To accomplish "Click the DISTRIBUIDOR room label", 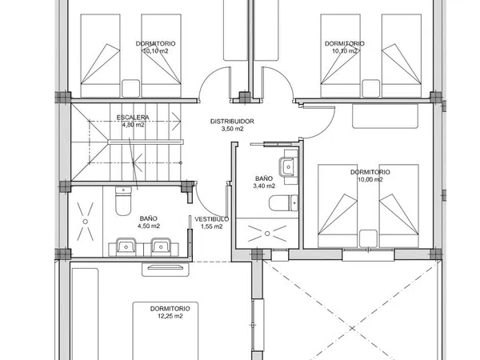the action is (x=232, y=122).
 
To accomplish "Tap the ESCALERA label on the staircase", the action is (x=133, y=118).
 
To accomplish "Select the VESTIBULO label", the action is (x=211, y=219).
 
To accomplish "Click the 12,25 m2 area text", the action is (x=170, y=316).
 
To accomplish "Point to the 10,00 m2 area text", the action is (x=370, y=179).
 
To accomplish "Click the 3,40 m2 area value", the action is (x=264, y=186).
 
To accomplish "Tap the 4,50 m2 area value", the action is (x=149, y=226).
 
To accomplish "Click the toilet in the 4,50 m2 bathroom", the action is (x=123, y=201).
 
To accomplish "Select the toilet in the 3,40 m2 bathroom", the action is (x=283, y=203).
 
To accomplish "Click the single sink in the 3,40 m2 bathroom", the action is (x=288, y=167).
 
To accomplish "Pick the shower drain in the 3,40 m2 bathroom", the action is (x=267, y=234).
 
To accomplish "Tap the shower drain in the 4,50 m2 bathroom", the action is (x=86, y=222).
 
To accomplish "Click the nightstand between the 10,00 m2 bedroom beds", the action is (x=368, y=238).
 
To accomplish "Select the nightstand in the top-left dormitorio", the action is (x=130, y=89).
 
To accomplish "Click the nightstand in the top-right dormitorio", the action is (x=370, y=89).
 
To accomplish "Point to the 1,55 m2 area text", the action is (x=211, y=226).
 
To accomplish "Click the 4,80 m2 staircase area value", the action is (x=133, y=125).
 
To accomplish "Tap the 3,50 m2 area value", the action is (x=232, y=129).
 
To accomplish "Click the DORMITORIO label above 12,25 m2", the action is (x=170, y=309).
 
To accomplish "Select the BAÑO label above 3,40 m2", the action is (x=264, y=178).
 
